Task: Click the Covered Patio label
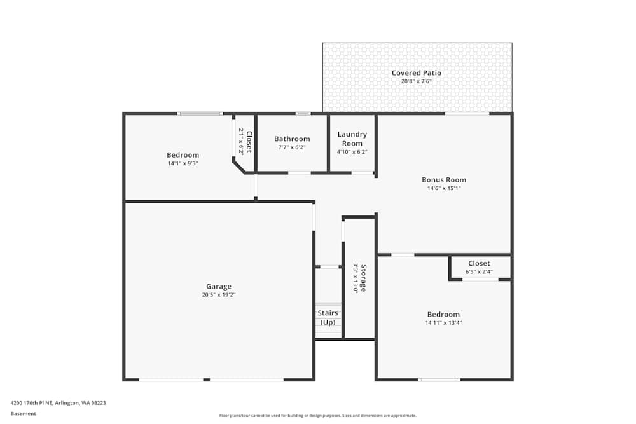(416, 73)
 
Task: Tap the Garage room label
(218, 286)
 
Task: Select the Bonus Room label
(444, 180)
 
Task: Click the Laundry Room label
(352, 139)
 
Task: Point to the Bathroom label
(292, 139)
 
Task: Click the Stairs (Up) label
(328, 318)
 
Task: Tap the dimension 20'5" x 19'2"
(218, 295)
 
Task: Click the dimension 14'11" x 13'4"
(443, 323)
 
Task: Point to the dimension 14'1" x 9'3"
(183, 163)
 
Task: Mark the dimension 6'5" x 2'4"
(479, 272)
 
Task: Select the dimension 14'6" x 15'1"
(444, 188)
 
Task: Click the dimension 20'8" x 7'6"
(416, 81)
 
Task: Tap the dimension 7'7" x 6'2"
(292, 147)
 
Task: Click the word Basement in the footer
(24, 414)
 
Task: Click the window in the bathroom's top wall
(303, 114)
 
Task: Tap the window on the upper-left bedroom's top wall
(200, 114)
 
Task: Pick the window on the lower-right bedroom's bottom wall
(439, 380)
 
